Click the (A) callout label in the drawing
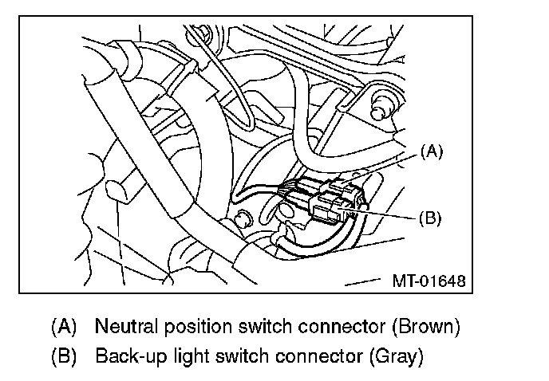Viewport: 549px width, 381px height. coord(430,151)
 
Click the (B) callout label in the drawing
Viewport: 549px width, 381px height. coord(430,217)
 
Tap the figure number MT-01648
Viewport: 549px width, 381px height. coord(428,281)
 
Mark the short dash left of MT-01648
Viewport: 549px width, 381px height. coord(362,281)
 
